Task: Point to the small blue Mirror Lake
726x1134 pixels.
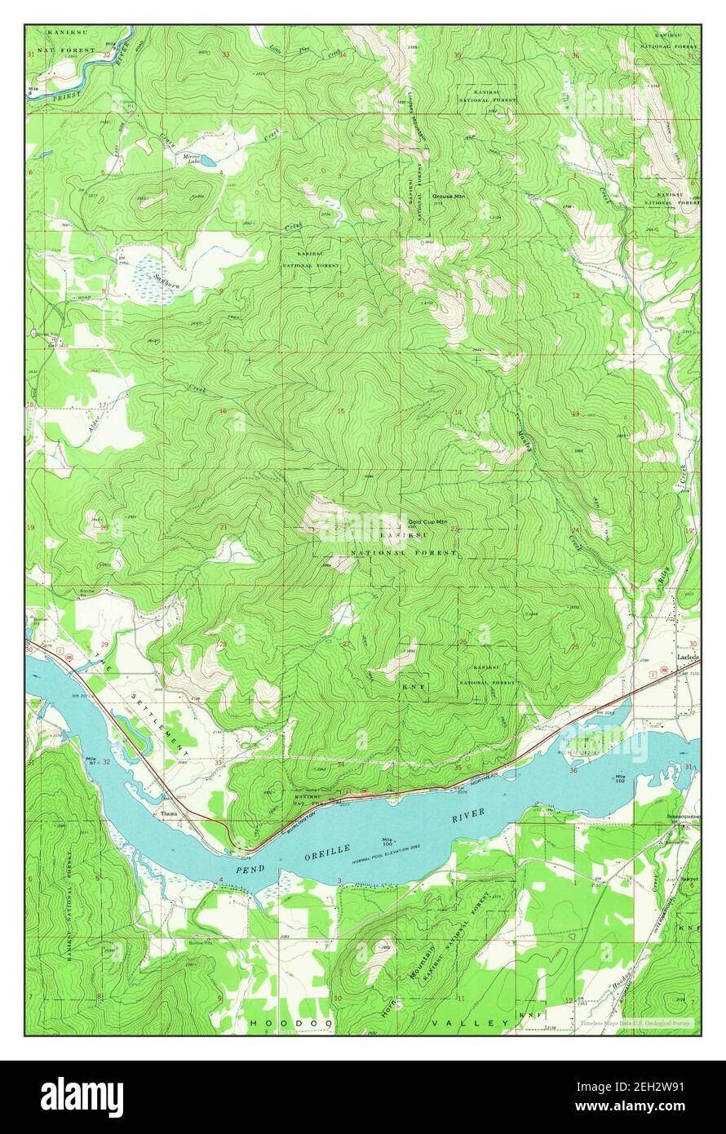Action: [x=207, y=162]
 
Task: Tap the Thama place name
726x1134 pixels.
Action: [x=169, y=814]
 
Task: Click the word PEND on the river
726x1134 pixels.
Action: [x=251, y=870]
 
